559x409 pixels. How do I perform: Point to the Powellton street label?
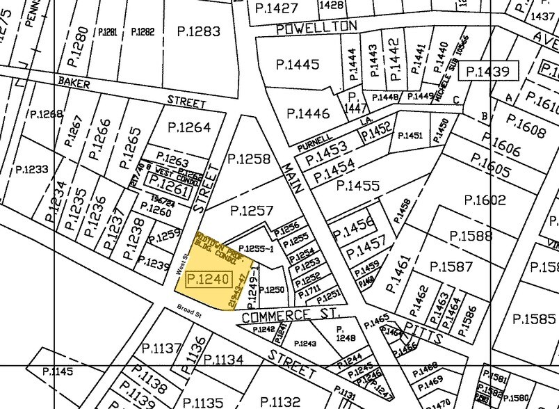316,27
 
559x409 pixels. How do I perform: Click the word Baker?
75,81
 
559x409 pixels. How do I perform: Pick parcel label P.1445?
297,65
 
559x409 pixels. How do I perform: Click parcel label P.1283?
198,31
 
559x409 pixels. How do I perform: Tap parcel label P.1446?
308,113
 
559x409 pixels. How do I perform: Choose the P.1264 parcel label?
189,127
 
